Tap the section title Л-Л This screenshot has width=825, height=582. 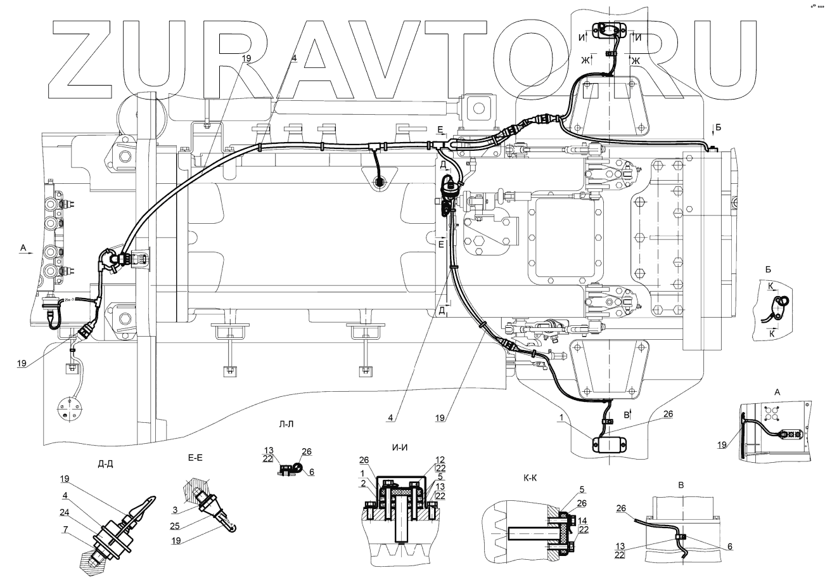286,424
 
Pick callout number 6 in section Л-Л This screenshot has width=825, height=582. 311,472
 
